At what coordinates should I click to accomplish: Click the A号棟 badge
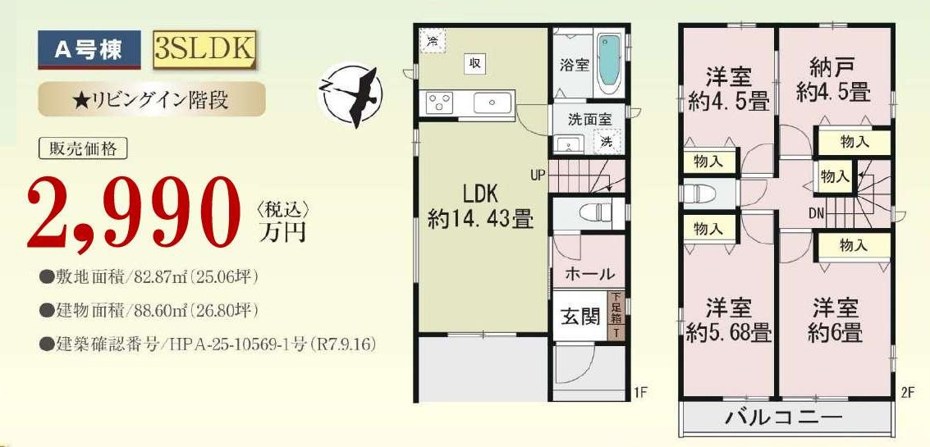point(89,50)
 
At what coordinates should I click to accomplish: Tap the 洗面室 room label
point(589,119)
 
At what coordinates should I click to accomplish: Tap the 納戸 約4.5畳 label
point(833,79)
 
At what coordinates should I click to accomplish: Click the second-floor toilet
point(700,194)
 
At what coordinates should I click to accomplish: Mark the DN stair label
point(817,212)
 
